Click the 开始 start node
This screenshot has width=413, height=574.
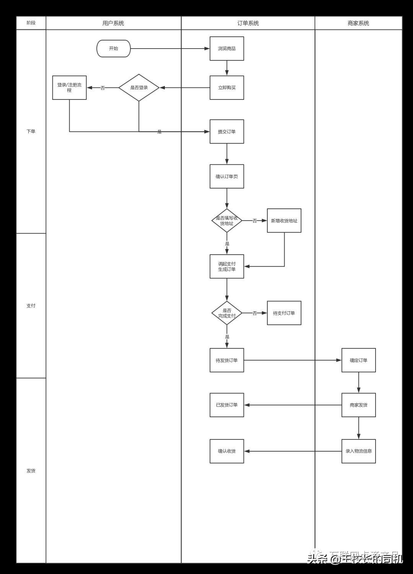click(x=114, y=49)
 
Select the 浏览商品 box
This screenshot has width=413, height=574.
click(x=227, y=49)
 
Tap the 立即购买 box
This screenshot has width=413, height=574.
click(x=227, y=88)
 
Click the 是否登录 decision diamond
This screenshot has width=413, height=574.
click(x=139, y=88)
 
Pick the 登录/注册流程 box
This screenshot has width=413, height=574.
click(x=69, y=88)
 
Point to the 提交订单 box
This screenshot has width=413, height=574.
click(x=227, y=132)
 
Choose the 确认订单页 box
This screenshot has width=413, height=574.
click(x=227, y=176)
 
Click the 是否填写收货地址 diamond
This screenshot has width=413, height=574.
click(x=227, y=221)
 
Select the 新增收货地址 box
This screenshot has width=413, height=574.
click(x=284, y=221)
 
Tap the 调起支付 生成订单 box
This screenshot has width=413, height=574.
click(x=227, y=267)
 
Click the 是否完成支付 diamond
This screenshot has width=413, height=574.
click(x=227, y=313)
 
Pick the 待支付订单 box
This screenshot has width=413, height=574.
click(x=284, y=313)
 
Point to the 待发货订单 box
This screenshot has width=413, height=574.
click(x=227, y=360)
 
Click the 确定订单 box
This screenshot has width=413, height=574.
click(x=359, y=360)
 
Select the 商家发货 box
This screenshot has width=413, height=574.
click(x=359, y=405)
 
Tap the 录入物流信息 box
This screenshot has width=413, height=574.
click(x=359, y=451)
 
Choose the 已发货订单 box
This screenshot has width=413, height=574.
click(x=227, y=405)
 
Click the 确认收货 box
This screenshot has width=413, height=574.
click(x=227, y=451)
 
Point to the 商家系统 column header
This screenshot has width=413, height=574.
click(x=358, y=23)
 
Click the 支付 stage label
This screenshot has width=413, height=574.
click(x=31, y=306)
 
